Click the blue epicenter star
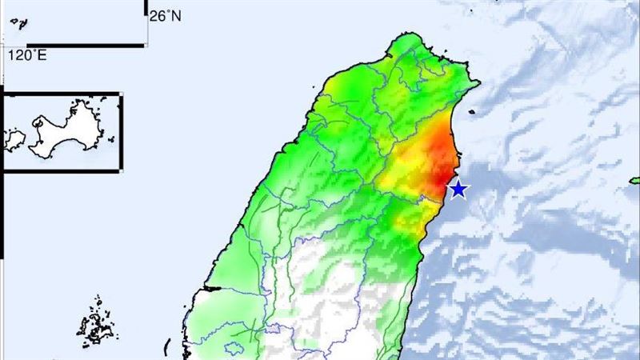pyautogui.click(x=458, y=189)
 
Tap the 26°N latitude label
pyautogui.click(x=166, y=15)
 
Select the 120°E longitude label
pyautogui.click(x=27, y=55)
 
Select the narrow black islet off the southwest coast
pyautogui.click(x=166, y=347)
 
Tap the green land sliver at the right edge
pyautogui.click(x=635, y=179)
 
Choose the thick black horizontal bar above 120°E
pyautogui.click(x=88, y=45)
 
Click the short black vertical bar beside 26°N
pyautogui.click(x=146, y=8)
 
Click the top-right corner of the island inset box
pyautogui.click(x=122, y=94)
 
